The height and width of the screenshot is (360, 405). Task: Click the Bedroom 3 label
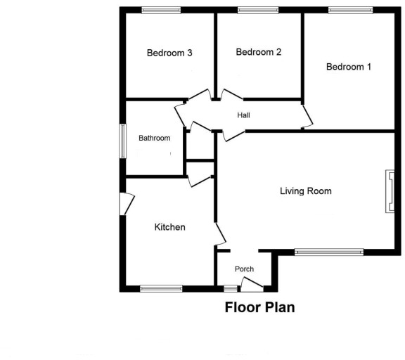pos(169,53)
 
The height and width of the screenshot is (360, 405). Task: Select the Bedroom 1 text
pos(349,67)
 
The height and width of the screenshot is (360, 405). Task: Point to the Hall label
pos(243,115)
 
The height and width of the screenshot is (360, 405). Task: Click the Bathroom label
pos(154,138)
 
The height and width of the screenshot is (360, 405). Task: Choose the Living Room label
pos(305,191)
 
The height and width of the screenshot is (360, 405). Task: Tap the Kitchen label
pos(170,227)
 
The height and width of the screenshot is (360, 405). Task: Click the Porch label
pos(244,269)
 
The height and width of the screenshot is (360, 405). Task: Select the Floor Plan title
pos(259,307)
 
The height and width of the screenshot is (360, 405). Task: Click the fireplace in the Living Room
pos(388,191)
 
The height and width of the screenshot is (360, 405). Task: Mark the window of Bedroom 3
pos(160,10)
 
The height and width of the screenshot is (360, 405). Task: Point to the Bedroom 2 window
pos(257,10)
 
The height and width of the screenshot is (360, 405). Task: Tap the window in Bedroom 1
pos(350,10)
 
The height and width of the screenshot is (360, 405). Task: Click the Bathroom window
pos(122,141)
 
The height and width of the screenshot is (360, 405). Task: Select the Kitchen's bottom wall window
pos(161,288)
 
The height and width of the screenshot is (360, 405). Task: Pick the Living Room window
pos(328,251)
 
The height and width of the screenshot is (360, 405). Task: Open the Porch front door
pos(251,284)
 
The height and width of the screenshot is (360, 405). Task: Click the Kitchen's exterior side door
pos(126,204)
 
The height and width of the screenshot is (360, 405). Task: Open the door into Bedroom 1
pos(307,117)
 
